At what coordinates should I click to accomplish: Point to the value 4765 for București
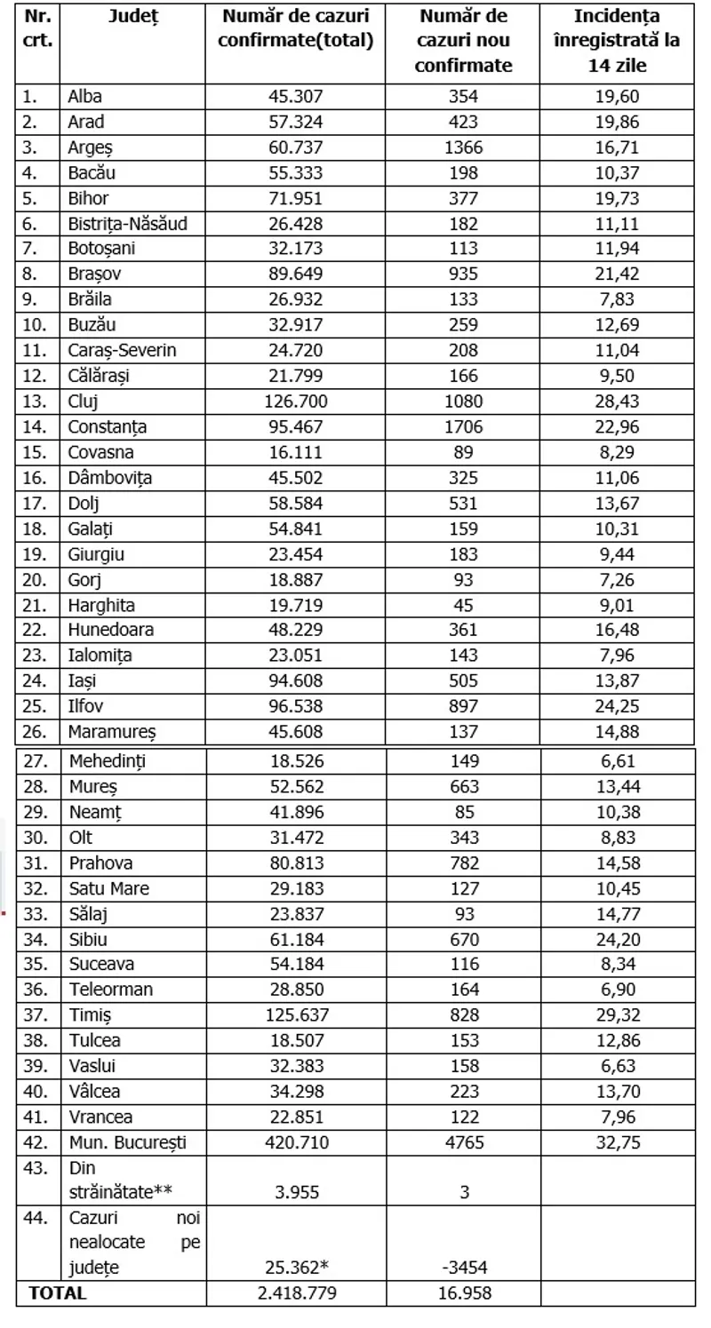pos(464,1141)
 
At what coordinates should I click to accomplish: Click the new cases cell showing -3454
pos(464,1267)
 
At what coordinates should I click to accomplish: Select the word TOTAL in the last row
pos(59,1292)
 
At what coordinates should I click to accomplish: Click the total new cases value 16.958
pos(464,1292)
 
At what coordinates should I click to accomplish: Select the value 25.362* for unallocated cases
pos(296,1267)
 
